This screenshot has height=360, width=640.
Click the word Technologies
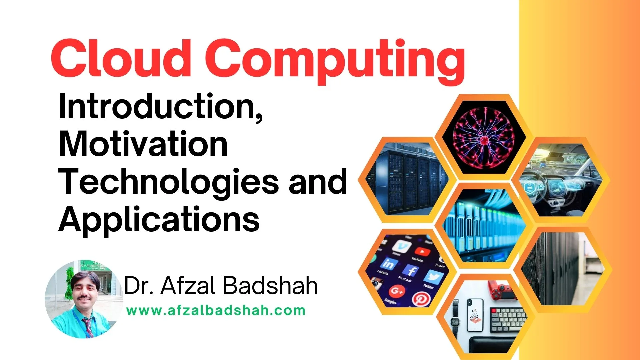click(168, 182)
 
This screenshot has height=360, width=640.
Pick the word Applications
click(159, 219)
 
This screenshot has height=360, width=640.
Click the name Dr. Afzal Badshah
click(221, 286)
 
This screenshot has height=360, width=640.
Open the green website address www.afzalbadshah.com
click(216, 310)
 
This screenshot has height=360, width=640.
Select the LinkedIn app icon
click(388, 264)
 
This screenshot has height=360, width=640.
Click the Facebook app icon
click(410, 271)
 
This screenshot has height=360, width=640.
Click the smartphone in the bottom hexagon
click(475, 315)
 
